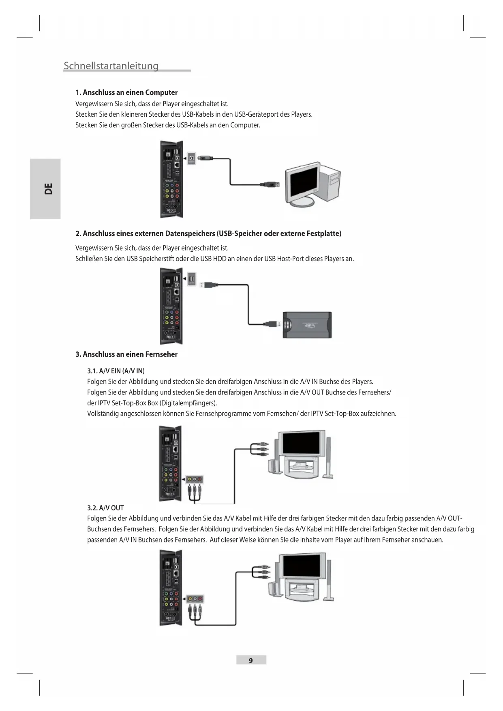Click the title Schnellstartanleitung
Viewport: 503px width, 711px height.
pos(111,66)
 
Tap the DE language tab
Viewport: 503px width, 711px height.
pos(48,189)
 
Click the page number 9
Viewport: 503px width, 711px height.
pos(251,660)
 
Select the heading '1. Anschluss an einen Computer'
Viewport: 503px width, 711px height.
pos(126,92)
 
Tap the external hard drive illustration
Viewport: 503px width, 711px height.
pos(307,325)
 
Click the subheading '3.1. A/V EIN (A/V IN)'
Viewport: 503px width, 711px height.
pos(116,371)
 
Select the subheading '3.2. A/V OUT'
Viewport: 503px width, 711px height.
pos(105,508)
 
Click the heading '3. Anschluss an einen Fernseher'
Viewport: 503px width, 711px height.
pos(126,354)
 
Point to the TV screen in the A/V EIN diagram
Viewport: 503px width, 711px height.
pos(300,443)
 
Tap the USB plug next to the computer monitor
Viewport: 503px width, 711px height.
pos(270,184)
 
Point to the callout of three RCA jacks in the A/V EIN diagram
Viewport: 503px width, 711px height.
pos(195,480)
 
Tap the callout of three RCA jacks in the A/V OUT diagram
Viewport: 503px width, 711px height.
pos(195,599)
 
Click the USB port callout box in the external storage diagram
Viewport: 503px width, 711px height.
pos(192,279)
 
